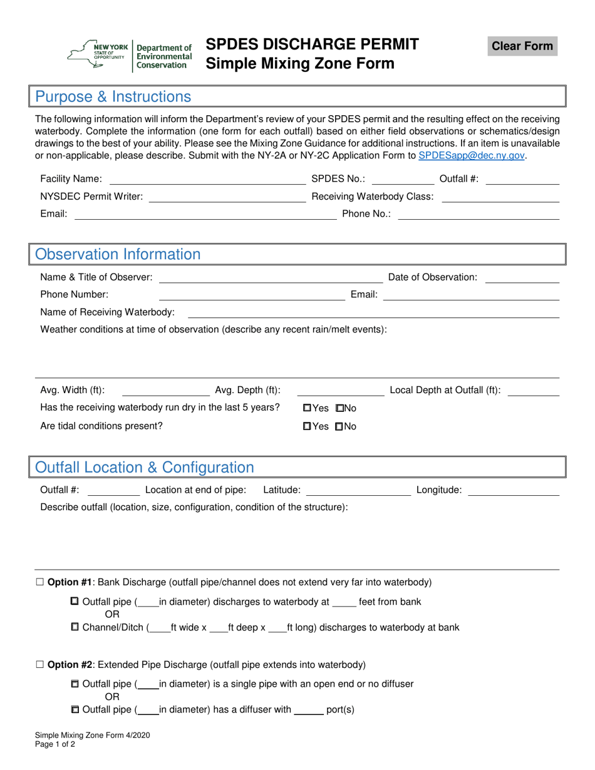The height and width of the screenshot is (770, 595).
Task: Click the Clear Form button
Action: tap(522, 46)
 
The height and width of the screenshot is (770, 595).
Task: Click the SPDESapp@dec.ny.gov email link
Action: tap(471, 156)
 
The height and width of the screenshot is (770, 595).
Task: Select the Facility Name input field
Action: tap(207, 179)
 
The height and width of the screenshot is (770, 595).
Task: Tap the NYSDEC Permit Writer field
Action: tap(227, 197)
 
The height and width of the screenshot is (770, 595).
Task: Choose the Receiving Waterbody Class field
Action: tap(500, 197)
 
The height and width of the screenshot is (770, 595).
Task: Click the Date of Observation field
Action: tap(522, 277)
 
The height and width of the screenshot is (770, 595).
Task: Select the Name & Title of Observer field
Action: tap(271, 277)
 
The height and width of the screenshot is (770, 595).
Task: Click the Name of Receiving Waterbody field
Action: tap(373, 312)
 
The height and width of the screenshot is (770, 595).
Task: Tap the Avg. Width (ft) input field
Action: tap(165, 391)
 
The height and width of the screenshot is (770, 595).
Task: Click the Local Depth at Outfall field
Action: tap(533, 391)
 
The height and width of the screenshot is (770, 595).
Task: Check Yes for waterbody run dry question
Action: tap(308, 408)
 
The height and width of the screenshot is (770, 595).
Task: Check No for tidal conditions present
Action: tap(339, 426)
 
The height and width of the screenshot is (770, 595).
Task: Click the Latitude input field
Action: tap(358, 490)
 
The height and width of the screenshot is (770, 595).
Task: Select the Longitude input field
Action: tap(514, 490)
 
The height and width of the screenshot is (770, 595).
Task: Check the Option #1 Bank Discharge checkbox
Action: tap(40, 582)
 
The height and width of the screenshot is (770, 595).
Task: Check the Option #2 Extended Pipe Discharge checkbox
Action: tap(40, 665)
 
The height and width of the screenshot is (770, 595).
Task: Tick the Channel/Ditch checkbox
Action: tap(75, 627)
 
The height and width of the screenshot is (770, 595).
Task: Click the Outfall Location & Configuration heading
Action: tap(145, 468)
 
